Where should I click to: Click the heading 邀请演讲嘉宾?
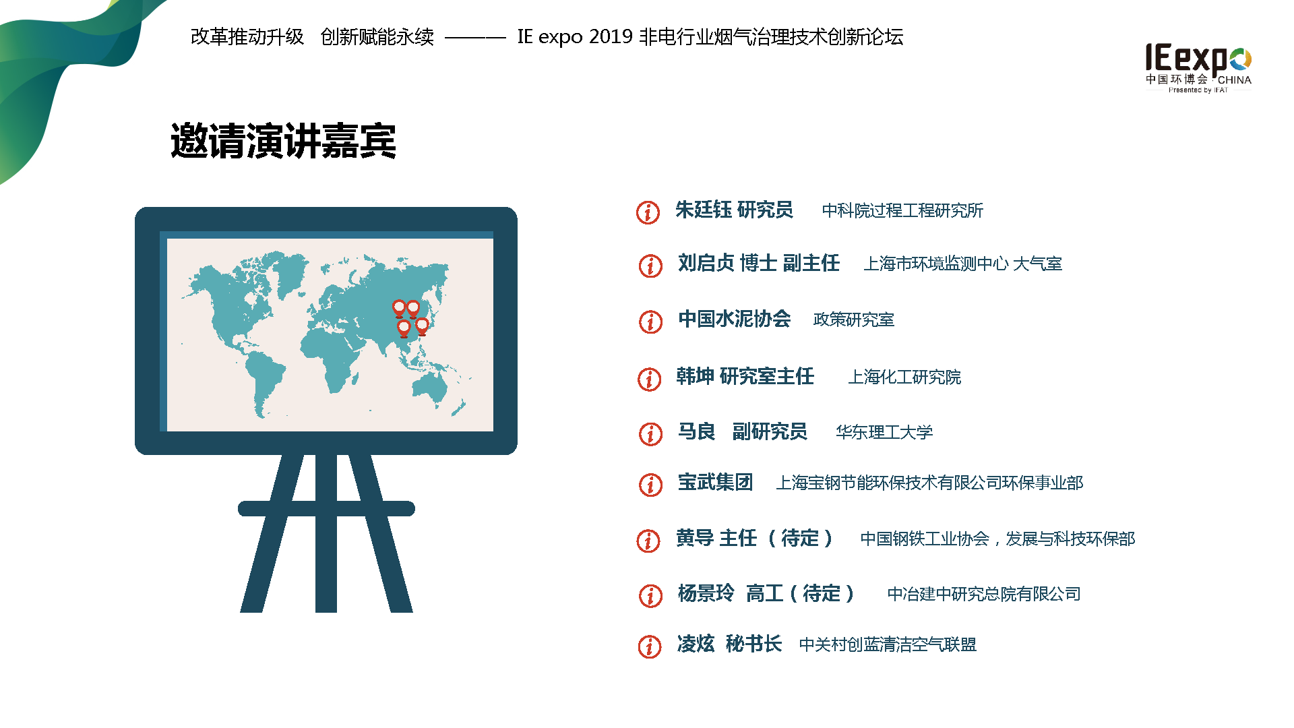coord(283,141)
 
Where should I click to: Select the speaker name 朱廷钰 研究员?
coord(734,210)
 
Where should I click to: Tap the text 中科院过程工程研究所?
coord(902,210)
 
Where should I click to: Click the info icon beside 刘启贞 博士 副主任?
coord(650,266)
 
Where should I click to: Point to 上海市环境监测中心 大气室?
coord(963,264)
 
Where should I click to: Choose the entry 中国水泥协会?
coord(735,318)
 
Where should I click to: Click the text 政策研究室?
coord(854,320)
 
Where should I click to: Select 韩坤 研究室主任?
coord(745,376)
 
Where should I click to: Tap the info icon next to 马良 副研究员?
coord(650,433)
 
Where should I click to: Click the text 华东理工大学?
coord(884,432)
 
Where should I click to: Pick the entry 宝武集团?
coord(715,482)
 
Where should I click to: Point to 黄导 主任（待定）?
coord(755,538)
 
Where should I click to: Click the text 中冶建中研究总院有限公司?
coord(984,594)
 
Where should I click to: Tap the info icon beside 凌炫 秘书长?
coord(650,646)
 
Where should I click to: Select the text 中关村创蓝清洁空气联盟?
coord(888,644)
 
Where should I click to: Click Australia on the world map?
coord(431,388)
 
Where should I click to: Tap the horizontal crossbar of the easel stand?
coord(326,509)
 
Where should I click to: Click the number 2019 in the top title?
coord(611,36)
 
